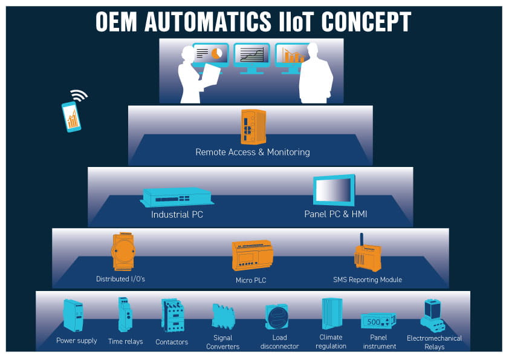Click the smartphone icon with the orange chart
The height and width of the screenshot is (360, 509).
(71, 116)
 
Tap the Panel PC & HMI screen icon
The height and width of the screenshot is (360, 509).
(334, 191)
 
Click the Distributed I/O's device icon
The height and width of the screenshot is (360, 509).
(122, 252)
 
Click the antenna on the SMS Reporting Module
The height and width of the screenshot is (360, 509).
(362, 240)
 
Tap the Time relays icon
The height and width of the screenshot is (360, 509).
(125, 314)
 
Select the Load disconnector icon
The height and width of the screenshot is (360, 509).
(276, 316)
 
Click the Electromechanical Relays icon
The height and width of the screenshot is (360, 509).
(432, 315)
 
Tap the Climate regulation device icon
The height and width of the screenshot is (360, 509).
(331, 314)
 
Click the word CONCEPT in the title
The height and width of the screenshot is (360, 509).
(366, 21)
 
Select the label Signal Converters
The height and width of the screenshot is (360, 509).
(222, 342)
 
